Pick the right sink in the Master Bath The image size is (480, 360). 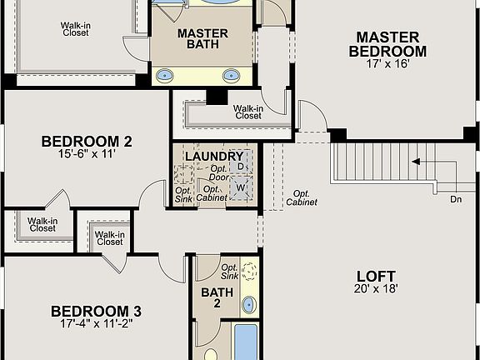[x=231, y=75]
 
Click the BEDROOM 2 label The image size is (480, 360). [x=87, y=141]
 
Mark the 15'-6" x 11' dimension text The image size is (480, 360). [x=87, y=154]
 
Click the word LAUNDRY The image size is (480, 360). [x=213, y=157]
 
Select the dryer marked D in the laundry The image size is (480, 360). [x=241, y=167]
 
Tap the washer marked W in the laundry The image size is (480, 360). [x=241, y=188]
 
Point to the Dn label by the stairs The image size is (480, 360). [x=456, y=200]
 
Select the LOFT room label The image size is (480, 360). [x=376, y=276]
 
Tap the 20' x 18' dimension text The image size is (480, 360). [x=376, y=289]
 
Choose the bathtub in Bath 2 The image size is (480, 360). [x=247, y=342]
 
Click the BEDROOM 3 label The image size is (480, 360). [x=96, y=312]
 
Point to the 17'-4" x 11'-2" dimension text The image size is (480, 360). [x=96, y=325]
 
